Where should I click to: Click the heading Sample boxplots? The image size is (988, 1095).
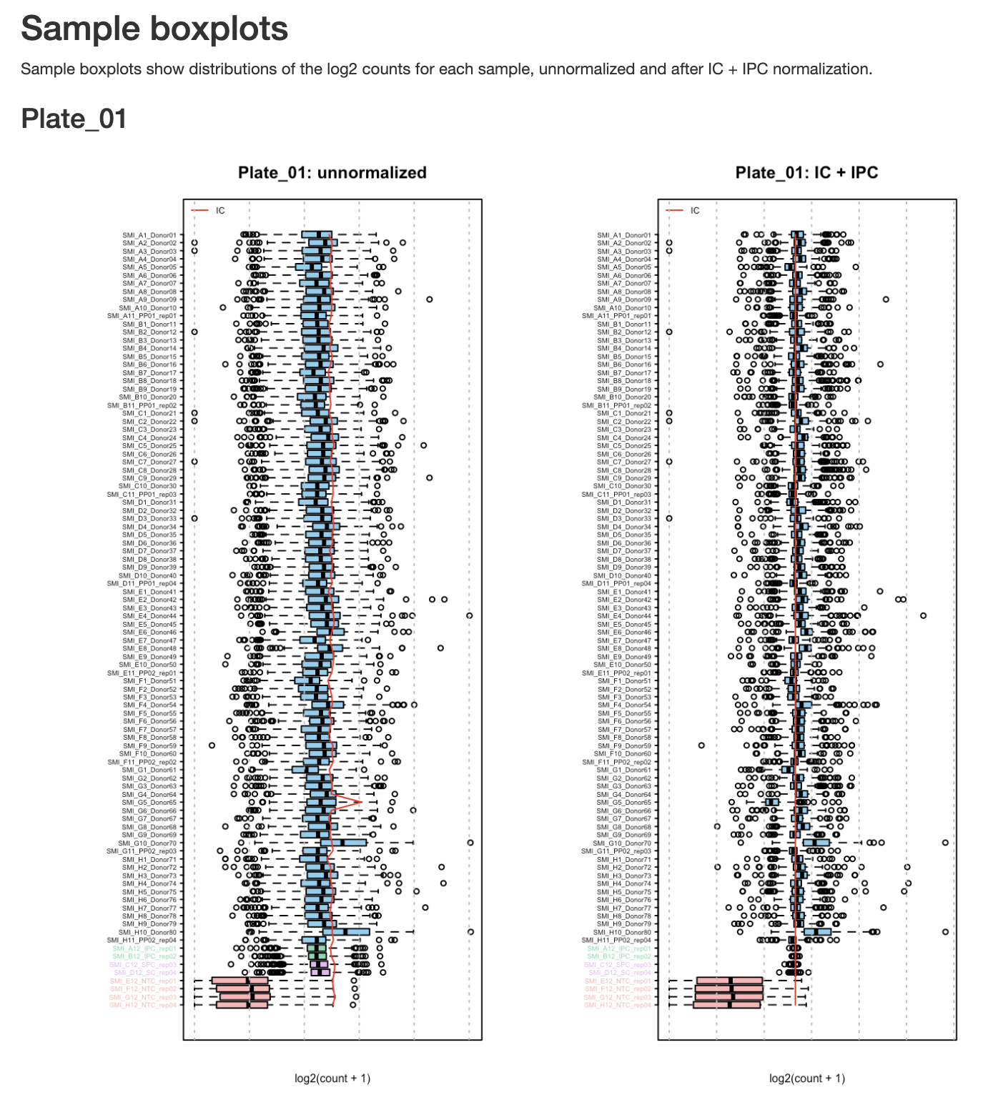click(x=154, y=29)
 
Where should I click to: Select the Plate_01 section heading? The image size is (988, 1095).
click(x=74, y=119)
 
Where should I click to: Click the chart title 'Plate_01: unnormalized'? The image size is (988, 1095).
click(x=332, y=173)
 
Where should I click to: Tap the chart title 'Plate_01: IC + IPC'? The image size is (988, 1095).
click(x=806, y=173)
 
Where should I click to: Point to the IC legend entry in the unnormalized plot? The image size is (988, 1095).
click(x=219, y=211)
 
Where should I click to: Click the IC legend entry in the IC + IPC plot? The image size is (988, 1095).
click(x=694, y=211)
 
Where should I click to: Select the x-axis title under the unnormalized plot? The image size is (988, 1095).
click(x=332, y=1078)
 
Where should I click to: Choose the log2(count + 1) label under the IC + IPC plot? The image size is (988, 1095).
click(x=807, y=1078)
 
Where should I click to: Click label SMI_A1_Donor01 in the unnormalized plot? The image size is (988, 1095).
click(x=149, y=235)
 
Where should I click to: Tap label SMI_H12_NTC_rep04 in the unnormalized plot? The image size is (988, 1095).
click(x=143, y=1006)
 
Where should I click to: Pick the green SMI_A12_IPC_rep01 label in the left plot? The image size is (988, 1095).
click(x=144, y=948)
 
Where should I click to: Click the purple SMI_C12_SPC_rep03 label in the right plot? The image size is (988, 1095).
click(x=618, y=965)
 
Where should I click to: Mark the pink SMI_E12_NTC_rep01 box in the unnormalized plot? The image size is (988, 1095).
click(x=239, y=981)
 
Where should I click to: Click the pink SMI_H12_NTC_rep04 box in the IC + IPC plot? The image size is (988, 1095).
click(x=726, y=1006)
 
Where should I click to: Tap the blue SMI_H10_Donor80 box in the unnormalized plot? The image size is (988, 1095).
click(x=346, y=932)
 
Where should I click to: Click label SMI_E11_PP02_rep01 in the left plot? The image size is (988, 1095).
click(x=142, y=673)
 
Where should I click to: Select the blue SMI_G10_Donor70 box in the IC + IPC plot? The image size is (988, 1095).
click(x=816, y=843)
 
